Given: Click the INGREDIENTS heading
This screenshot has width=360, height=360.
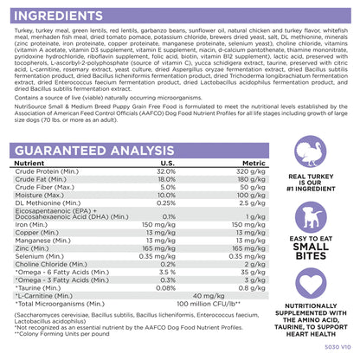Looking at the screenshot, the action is click(58, 16).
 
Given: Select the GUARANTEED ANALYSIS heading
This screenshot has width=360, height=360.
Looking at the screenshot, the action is click(94, 151).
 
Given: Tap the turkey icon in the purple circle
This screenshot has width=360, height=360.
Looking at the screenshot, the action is click(311, 151).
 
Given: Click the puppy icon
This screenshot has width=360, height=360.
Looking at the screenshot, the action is click(311, 217).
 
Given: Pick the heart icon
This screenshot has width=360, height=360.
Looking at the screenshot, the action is click(311, 283).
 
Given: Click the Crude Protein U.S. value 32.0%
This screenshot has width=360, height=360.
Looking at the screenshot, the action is click(166, 171).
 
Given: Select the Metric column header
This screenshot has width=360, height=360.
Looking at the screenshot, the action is click(254, 164).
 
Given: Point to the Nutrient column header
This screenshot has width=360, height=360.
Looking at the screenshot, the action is click(29, 164).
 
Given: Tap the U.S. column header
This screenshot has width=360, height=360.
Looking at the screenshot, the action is click(167, 164).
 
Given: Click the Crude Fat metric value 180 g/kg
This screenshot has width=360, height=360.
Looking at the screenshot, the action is click(251, 179).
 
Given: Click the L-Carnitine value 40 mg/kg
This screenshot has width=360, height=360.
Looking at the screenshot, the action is click(209, 296).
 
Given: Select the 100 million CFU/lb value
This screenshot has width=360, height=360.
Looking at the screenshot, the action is click(209, 304).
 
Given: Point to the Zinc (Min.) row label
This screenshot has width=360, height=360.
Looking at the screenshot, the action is click(32, 248).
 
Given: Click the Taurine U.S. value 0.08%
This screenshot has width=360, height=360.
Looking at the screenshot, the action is click(165, 288).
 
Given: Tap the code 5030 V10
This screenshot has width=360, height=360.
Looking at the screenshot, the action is click(337, 347).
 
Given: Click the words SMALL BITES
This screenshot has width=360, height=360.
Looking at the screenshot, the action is click(311, 251).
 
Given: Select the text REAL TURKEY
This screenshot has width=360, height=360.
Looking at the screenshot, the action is click(311, 177).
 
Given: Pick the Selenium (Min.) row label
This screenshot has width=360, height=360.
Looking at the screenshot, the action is click(40, 256).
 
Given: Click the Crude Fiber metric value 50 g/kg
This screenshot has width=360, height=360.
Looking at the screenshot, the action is click(253, 187).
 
